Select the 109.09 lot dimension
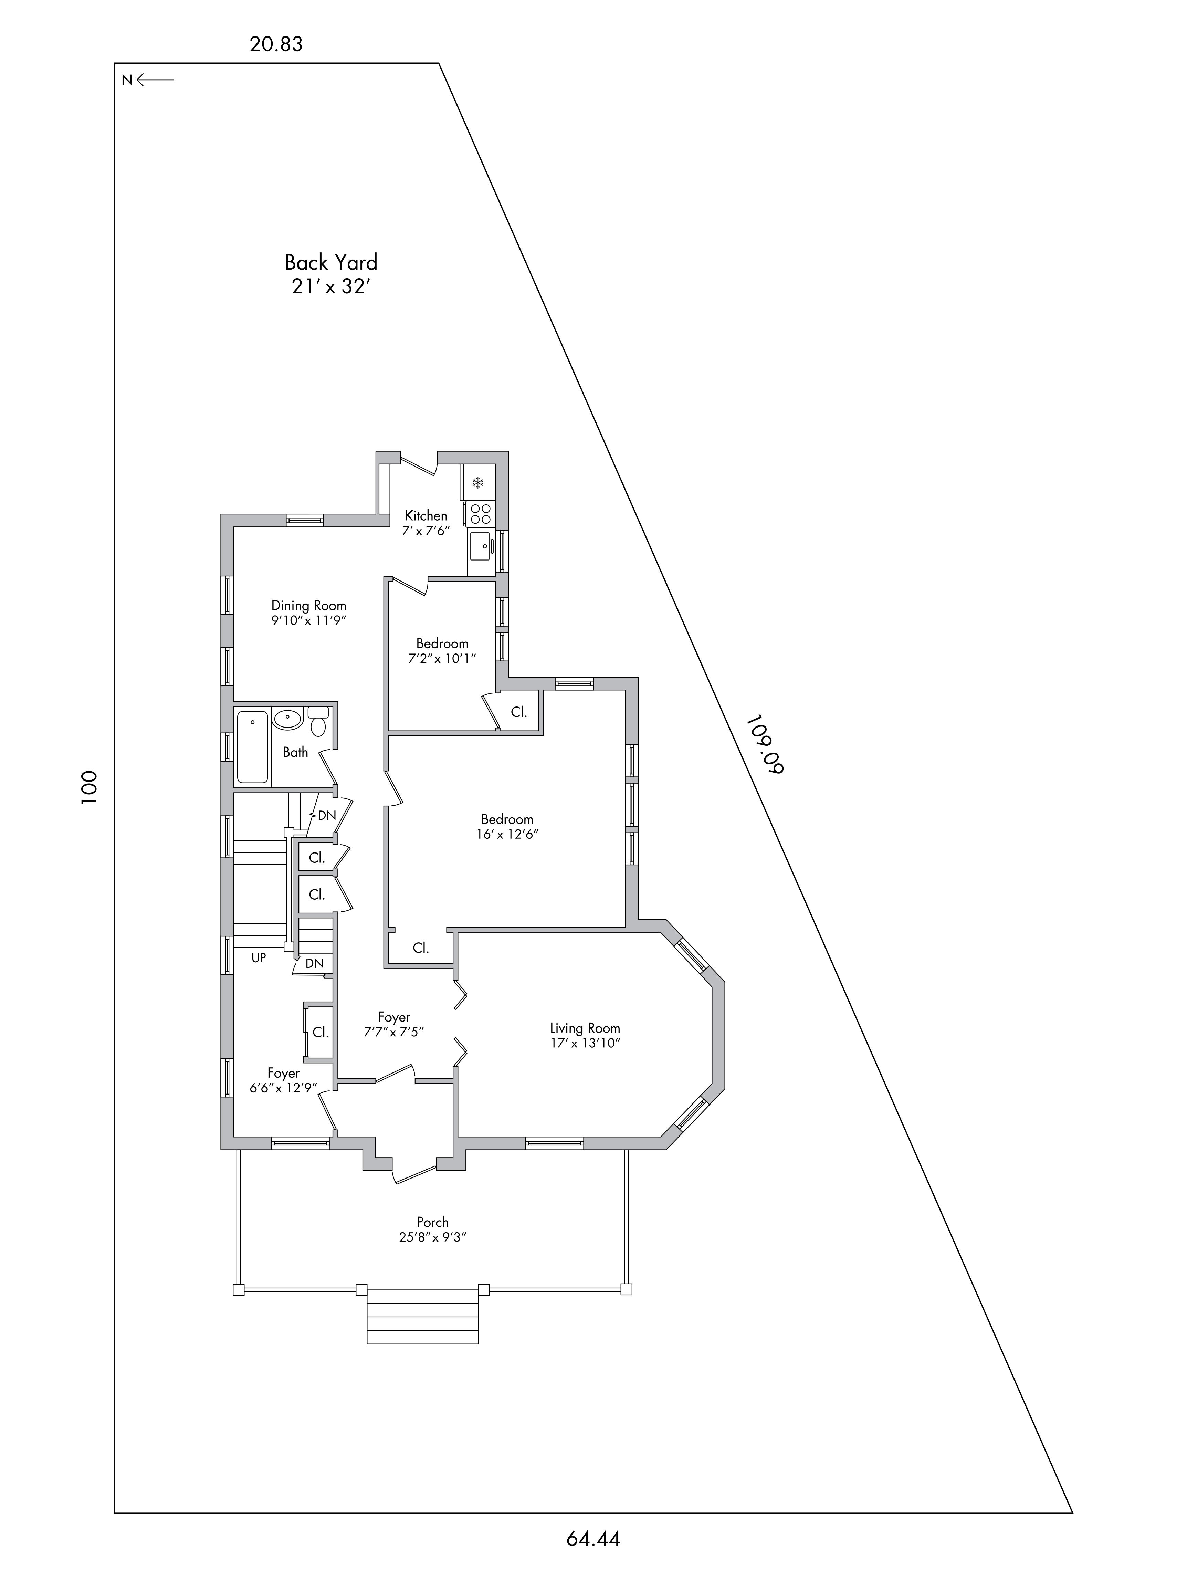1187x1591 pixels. click(764, 744)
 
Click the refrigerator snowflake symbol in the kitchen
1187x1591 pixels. click(478, 482)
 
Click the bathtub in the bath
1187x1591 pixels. click(252, 747)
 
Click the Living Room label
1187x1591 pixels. click(585, 1028)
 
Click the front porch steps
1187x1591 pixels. click(422, 1317)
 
